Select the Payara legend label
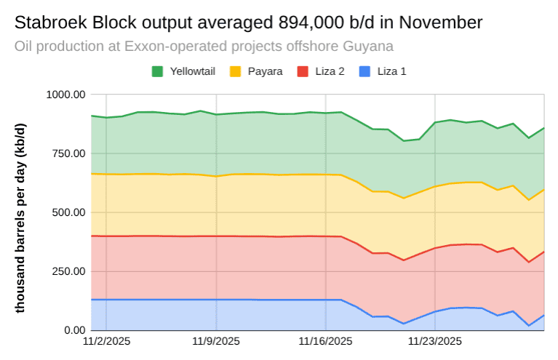click(x=265, y=72)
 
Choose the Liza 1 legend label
click(x=392, y=72)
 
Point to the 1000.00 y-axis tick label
click(x=65, y=95)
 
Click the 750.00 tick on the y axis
click(x=68, y=153)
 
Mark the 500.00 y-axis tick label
click(x=68, y=212)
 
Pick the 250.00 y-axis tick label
click(x=68, y=271)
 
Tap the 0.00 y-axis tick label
click(x=75, y=330)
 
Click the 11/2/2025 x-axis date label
click(x=107, y=340)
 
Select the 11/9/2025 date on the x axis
click(x=216, y=340)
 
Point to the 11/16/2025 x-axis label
click(x=325, y=340)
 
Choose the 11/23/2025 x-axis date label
click(x=434, y=340)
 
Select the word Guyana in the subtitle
click(x=370, y=47)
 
